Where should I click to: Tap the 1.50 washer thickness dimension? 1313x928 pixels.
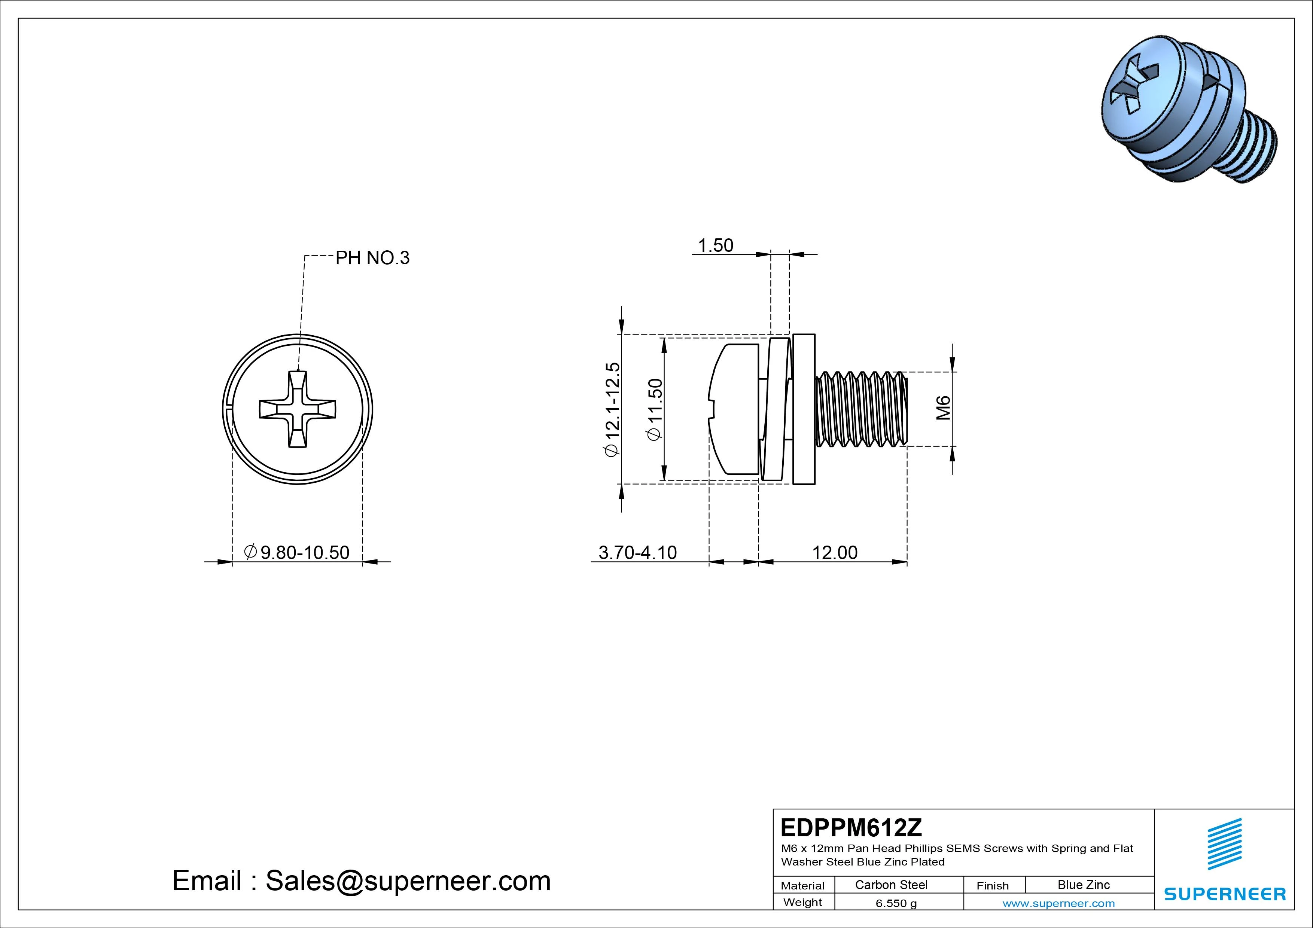coord(715,245)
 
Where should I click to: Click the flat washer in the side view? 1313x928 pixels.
coord(804,409)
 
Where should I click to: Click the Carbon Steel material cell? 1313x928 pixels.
coord(891,885)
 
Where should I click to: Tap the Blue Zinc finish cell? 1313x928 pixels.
coord(1083,885)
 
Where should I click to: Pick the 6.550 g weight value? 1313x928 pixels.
coord(896,903)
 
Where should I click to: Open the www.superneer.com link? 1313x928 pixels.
coord(1058,903)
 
